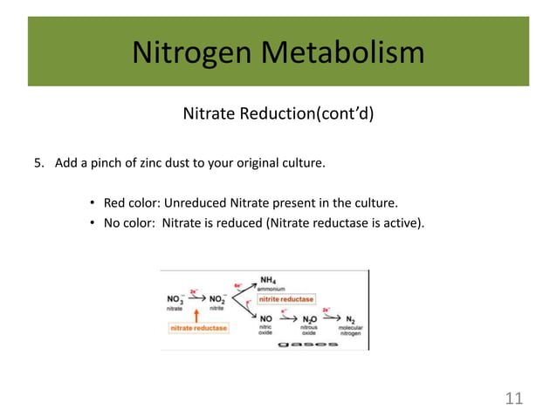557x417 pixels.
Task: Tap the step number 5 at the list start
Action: pos(38,163)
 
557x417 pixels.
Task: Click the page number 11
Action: pos(514,399)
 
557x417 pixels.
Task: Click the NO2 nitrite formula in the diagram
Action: pos(217,298)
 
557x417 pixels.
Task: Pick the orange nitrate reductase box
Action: pos(198,328)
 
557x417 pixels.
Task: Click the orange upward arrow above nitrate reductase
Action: pos(198,315)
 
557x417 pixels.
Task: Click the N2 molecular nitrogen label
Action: pos(350,319)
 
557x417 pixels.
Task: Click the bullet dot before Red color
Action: pos(92,205)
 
